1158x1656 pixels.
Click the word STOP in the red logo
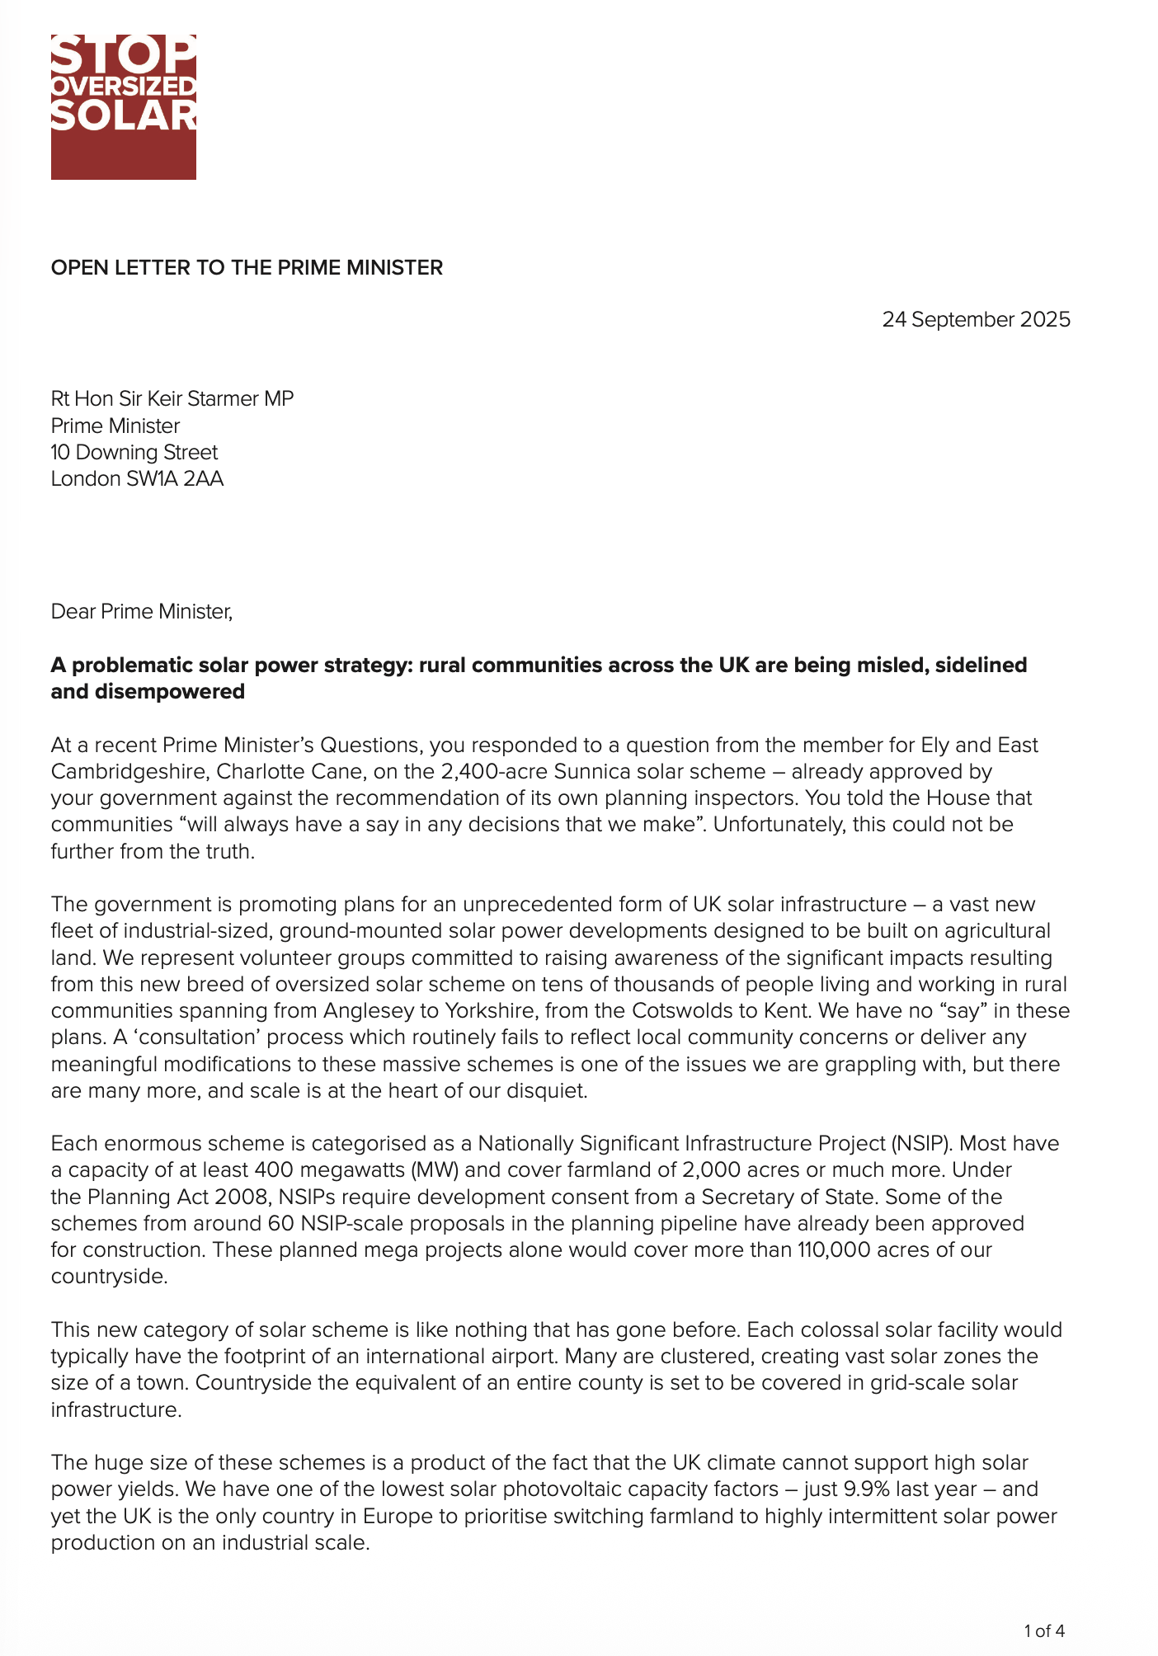pos(124,55)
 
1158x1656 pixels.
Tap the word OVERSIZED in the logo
pos(124,87)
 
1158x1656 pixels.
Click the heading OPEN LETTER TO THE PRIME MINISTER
pos(247,268)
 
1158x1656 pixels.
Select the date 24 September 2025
pos(976,319)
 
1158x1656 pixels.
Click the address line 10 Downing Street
pos(134,452)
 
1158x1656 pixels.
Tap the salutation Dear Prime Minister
pos(142,611)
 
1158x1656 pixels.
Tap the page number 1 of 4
pos(1044,1630)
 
